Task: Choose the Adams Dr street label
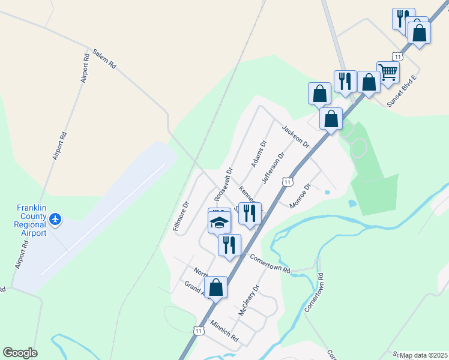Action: click(x=259, y=154)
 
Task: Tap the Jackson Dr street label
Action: click(x=295, y=137)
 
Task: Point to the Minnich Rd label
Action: click(x=224, y=331)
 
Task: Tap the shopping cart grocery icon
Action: click(x=388, y=72)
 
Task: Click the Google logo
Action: click(x=20, y=353)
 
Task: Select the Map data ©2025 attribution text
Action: click(x=423, y=355)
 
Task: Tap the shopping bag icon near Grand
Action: click(x=216, y=287)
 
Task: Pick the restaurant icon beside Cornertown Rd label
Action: click(x=229, y=244)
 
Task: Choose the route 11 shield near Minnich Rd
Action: click(x=198, y=330)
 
